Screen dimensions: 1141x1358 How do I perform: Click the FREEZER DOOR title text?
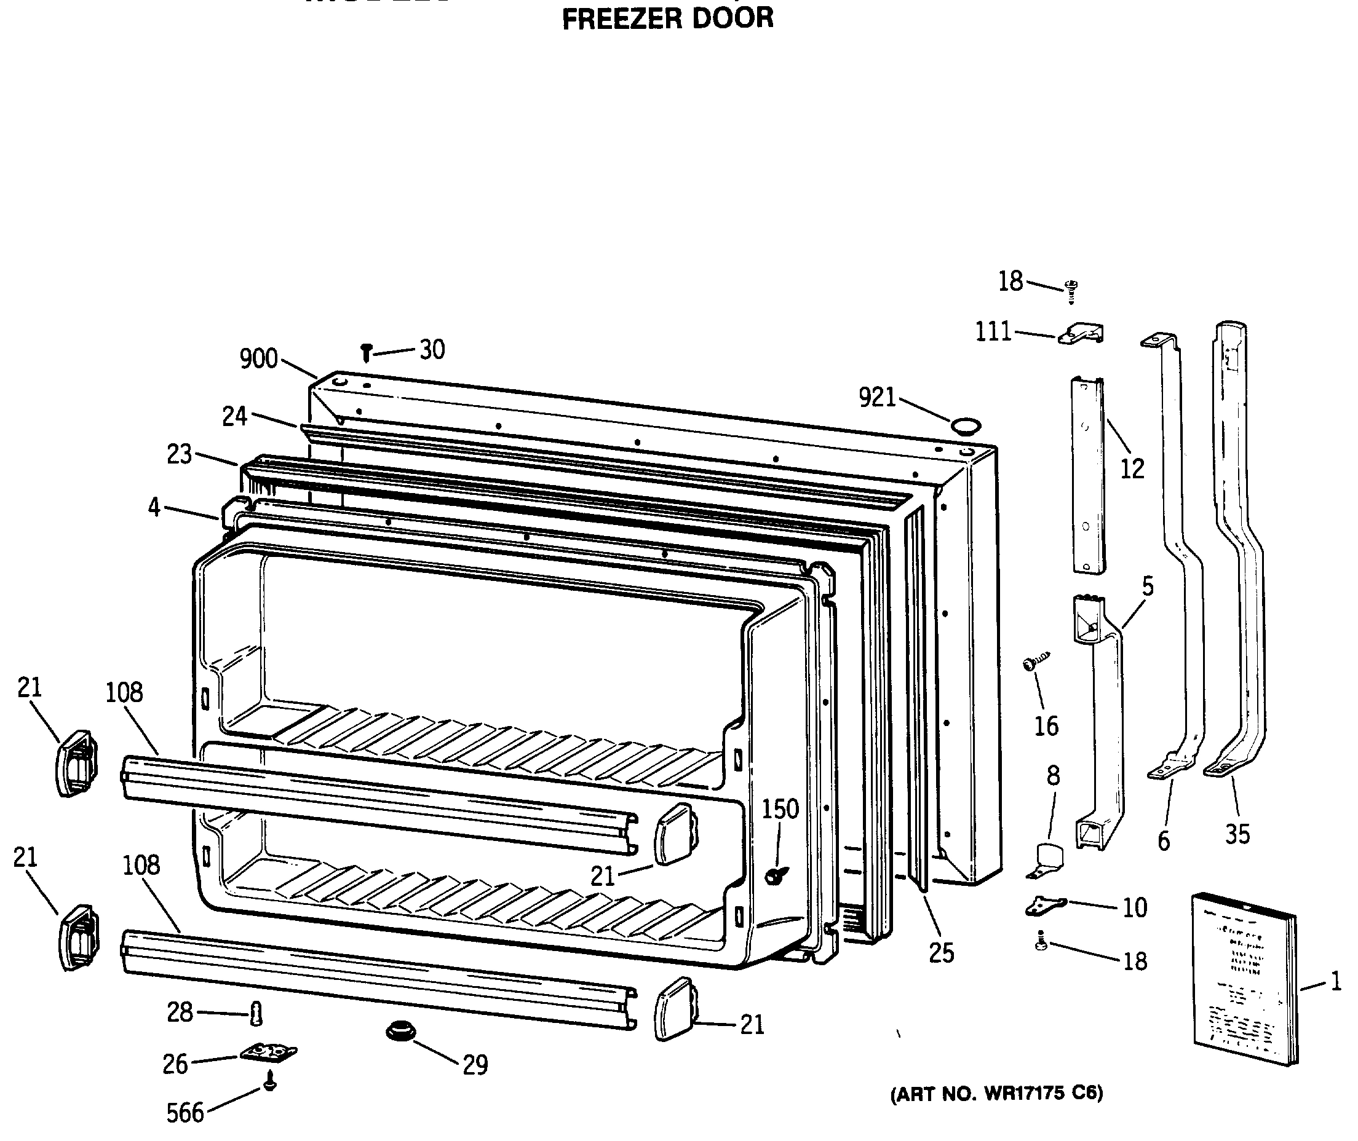tap(668, 18)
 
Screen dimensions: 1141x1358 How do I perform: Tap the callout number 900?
tap(258, 358)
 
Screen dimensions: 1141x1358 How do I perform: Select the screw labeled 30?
tap(366, 352)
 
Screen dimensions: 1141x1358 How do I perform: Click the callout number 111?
tap(993, 332)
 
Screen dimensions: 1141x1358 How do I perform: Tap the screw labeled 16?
tap(1034, 662)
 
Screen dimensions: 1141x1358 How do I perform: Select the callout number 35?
tap(1237, 834)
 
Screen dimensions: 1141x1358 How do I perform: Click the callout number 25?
tap(942, 952)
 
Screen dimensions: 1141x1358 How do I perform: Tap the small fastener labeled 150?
tap(774, 877)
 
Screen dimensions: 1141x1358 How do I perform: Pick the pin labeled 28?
tap(256, 1014)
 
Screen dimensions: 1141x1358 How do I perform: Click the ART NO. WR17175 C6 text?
tap(996, 1092)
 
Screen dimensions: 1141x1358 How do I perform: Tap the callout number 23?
tap(179, 454)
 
